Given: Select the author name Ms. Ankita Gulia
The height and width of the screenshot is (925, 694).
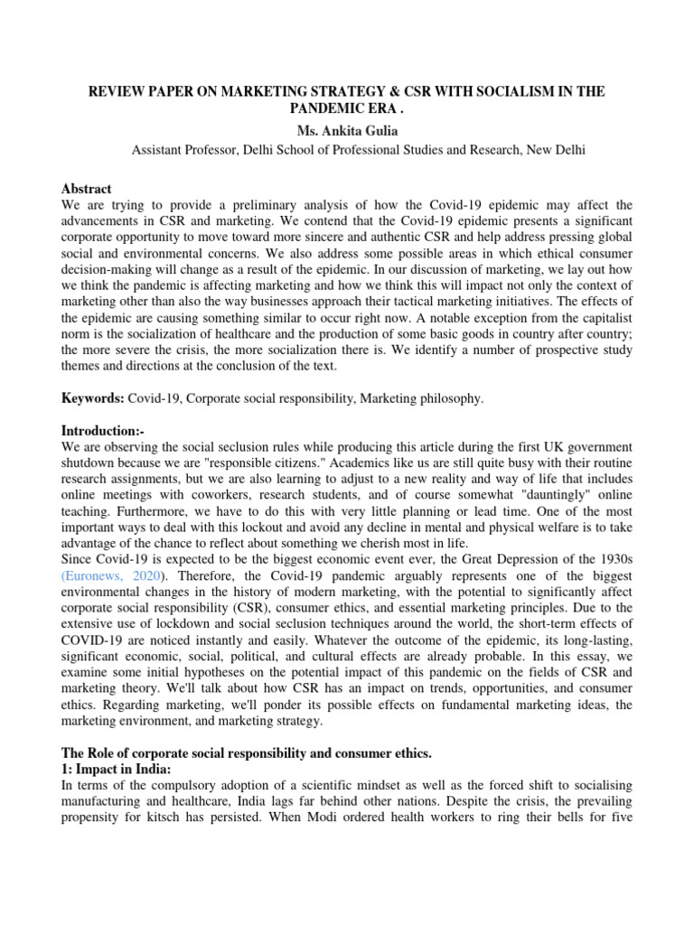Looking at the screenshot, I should tap(346, 132).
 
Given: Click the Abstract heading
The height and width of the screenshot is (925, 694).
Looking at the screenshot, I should tap(86, 189).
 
